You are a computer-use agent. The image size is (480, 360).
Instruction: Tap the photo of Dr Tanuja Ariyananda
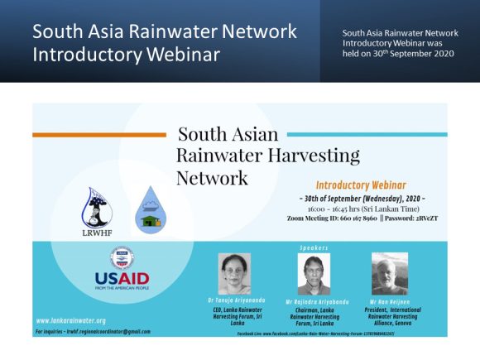click(233, 274)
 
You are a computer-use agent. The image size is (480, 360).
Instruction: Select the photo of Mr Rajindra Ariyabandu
click(314, 275)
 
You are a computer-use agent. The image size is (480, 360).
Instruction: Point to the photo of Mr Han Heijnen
click(389, 274)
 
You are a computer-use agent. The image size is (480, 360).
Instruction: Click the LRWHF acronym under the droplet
click(98, 233)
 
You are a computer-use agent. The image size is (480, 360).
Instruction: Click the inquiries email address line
click(93, 330)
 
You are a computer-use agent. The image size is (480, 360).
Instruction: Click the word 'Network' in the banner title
click(212, 178)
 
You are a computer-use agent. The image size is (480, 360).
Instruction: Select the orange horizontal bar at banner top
click(98, 135)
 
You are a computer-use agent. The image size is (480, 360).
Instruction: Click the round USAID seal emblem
click(122, 256)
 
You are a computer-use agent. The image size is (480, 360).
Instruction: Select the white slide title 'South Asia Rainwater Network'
click(164, 32)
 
